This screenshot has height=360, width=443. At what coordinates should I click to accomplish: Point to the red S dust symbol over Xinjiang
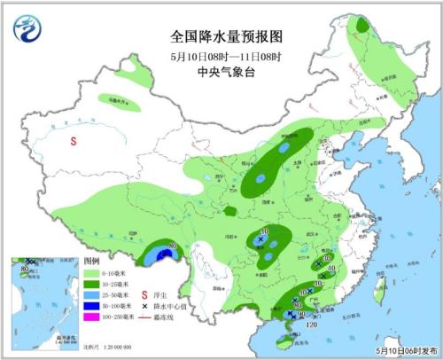[x=74, y=139]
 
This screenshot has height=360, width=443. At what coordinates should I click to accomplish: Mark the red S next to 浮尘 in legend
[x=144, y=295]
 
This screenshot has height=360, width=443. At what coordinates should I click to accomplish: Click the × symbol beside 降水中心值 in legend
[x=144, y=306]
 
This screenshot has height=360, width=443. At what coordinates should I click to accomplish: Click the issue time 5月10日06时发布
[x=405, y=351]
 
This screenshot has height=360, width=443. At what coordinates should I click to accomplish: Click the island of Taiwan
[x=373, y=292]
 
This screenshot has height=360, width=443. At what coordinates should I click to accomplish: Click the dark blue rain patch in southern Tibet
[x=160, y=256]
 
